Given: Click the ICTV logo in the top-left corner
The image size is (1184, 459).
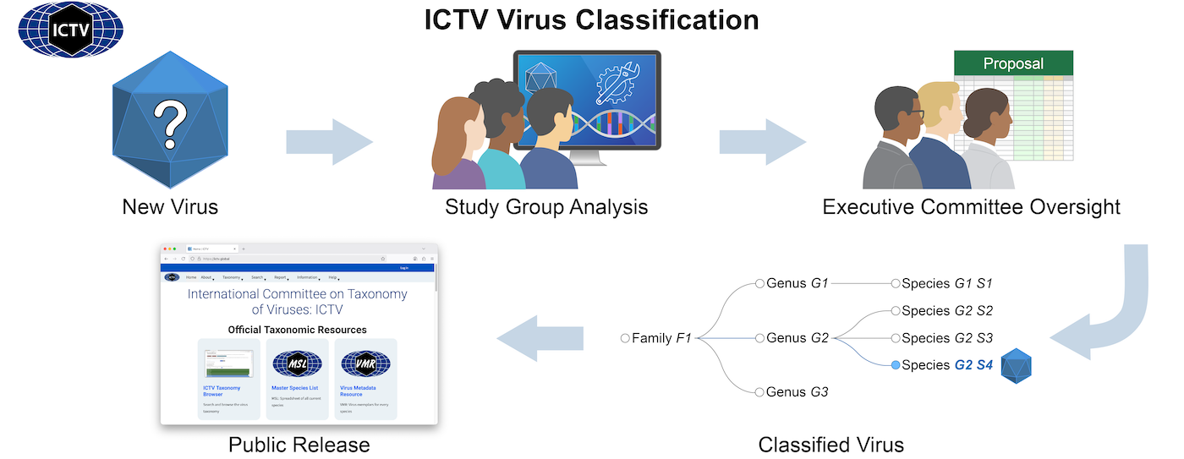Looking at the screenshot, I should point(71,29).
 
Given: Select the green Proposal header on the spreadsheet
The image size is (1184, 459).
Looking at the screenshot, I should point(1013,63).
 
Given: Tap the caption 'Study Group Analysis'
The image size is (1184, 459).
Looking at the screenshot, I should point(546,206).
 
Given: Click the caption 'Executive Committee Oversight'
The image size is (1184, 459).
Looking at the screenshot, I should point(971,206).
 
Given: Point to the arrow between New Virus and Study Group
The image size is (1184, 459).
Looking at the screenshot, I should point(329,141).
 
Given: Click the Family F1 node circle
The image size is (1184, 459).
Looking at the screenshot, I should point(625,338).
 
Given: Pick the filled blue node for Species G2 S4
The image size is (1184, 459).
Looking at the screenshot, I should point(895,365).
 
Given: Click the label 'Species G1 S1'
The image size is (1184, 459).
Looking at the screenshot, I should point(947,284).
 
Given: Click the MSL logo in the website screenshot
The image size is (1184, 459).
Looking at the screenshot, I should point(297,364).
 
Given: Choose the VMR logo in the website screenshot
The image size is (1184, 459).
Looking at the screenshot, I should point(365,364).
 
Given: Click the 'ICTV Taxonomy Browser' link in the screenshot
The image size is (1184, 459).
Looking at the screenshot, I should point(222,391).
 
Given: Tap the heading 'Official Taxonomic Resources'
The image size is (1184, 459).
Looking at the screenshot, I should point(298,330).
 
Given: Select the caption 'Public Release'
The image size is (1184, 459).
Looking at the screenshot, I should point(299,444).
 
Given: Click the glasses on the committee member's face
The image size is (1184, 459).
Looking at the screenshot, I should point(915,113).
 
